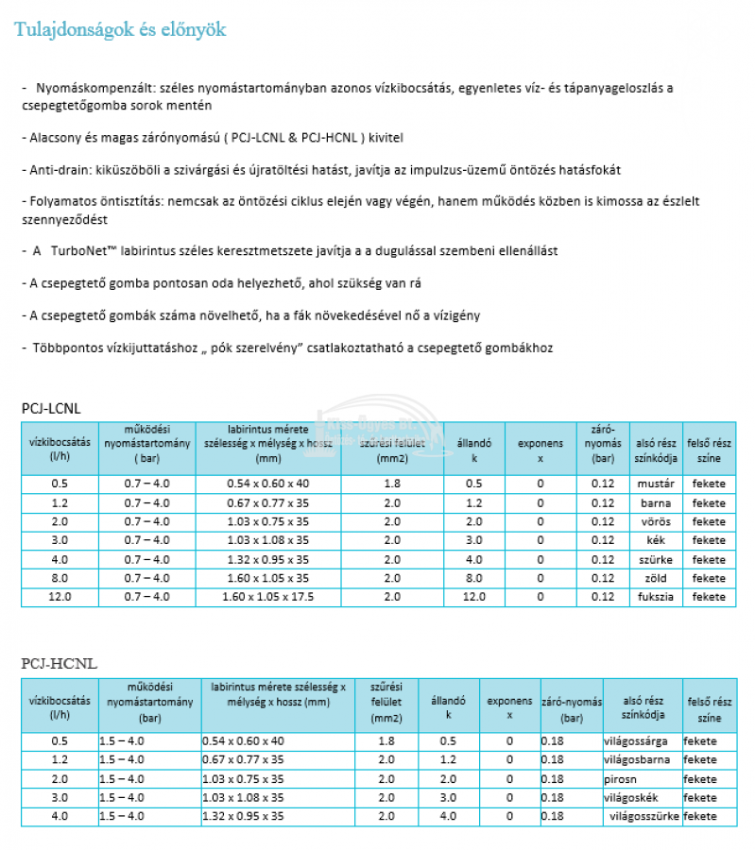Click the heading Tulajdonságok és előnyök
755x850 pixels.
pos(120,30)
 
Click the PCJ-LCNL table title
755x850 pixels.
pos(52,408)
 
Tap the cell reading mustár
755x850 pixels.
pos(655,484)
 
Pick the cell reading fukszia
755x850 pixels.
pos(655,597)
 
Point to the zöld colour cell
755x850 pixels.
pos(655,578)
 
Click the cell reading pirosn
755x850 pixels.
pos(621,779)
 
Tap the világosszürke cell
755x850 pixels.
pos(644,817)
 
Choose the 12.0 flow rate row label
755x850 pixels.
pos(60,597)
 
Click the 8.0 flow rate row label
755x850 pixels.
pos(60,578)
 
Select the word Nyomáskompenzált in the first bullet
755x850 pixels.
pos(91,88)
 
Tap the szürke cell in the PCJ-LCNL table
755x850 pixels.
pos(655,559)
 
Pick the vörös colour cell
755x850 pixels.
pos(655,521)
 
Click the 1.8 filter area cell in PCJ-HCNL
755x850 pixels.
pos(386,741)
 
